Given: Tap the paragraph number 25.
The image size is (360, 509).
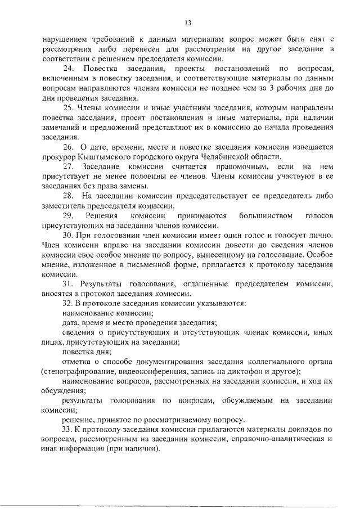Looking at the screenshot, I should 67,107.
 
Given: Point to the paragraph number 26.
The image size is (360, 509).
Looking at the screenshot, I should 68,146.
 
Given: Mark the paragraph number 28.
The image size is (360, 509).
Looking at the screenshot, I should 68,196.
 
